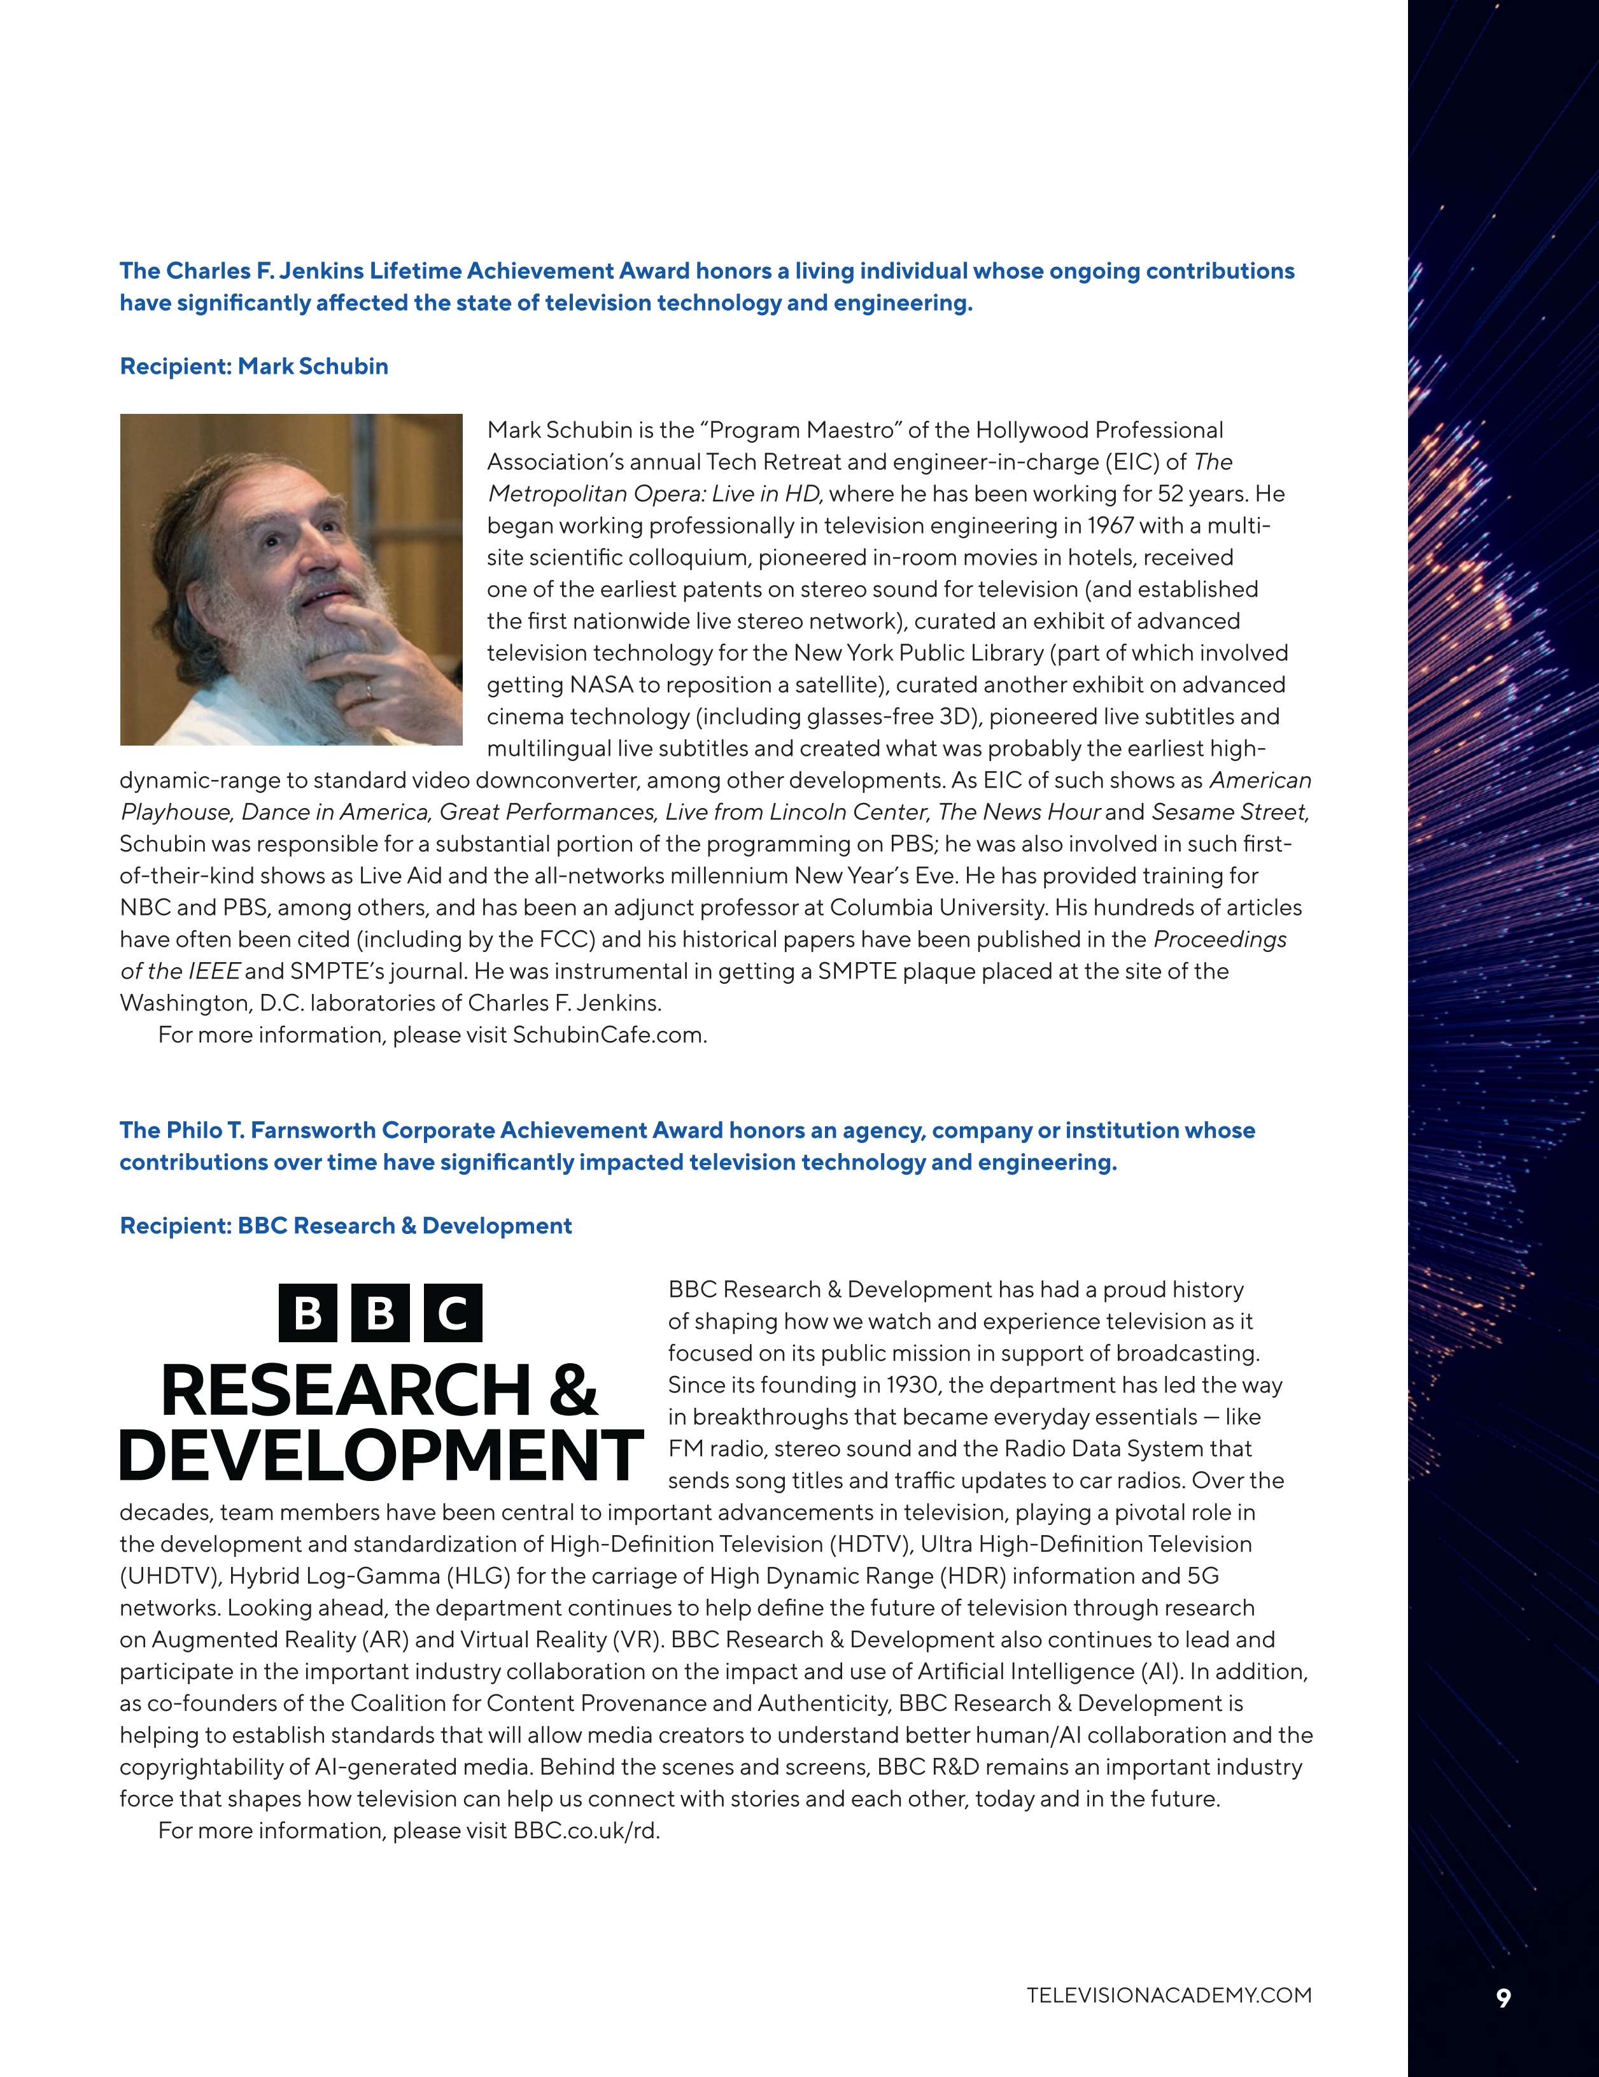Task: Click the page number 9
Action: [1503, 1998]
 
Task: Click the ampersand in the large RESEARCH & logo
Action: [572, 1391]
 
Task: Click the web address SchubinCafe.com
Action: [609, 1035]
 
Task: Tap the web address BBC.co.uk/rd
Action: [586, 1831]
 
